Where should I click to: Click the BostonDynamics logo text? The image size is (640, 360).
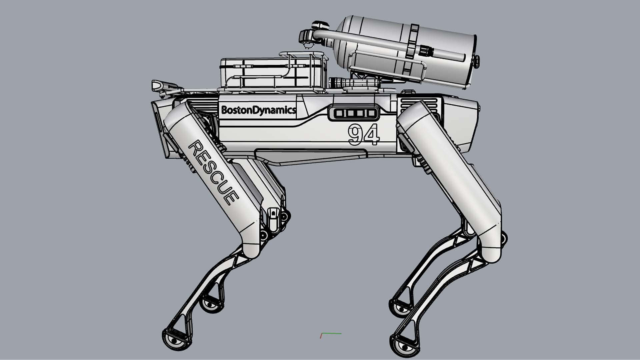point(258,110)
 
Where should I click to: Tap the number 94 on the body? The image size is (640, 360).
point(364,135)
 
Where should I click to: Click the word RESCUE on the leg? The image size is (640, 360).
point(213,172)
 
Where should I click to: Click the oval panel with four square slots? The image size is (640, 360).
point(354,113)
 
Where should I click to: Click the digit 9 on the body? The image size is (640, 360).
point(355,134)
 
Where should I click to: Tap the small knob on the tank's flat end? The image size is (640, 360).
point(476,60)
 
